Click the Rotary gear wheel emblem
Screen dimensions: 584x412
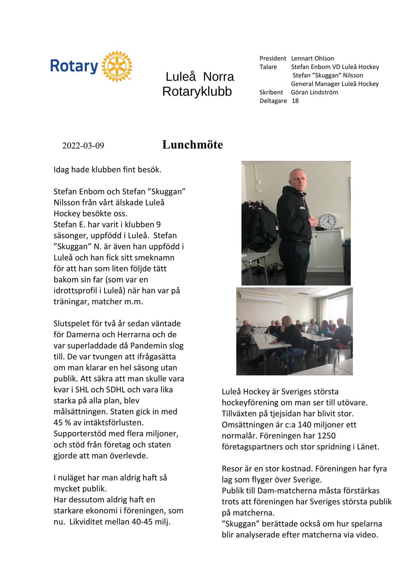point(117,66)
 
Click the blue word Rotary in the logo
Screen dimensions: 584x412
point(74,66)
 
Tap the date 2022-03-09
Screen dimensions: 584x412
point(83,146)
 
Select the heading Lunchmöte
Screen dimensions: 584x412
point(192,145)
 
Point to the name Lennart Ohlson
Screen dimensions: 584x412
point(312,58)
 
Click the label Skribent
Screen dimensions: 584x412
point(271,92)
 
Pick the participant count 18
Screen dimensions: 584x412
point(295,101)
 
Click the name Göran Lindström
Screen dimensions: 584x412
point(314,92)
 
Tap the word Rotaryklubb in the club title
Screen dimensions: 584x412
point(197,92)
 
